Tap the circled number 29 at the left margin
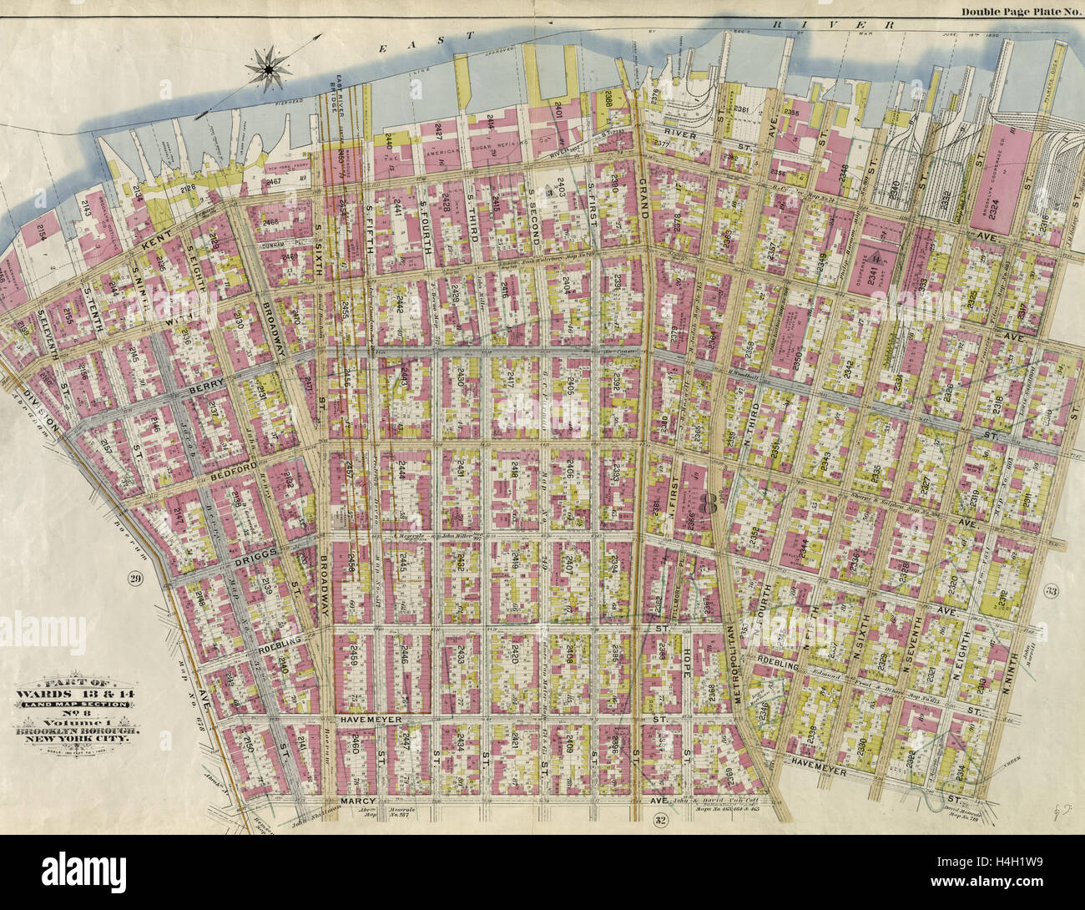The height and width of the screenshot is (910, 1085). (x=134, y=578)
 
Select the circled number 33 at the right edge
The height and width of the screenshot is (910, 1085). (x=1052, y=591)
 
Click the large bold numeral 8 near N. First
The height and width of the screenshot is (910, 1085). (x=710, y=504)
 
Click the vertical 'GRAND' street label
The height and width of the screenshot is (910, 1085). (x=643, y=197)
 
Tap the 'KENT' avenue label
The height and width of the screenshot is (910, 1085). (x=156, y=243)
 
